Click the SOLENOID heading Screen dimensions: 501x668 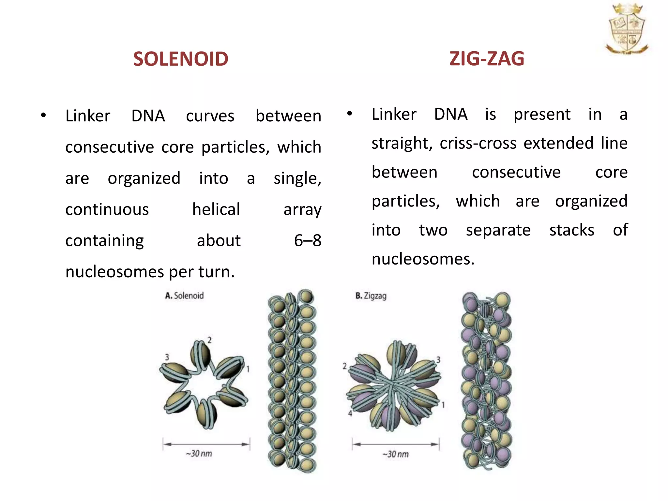[180, 59]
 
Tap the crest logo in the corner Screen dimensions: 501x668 [627, 29]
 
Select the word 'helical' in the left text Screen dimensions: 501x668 [216, 209]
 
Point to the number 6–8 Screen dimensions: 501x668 [308, 240]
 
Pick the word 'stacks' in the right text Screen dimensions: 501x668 [571, 230]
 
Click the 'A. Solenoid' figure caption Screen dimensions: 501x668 [184, 296]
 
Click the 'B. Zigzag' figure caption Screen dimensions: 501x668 [371, 296]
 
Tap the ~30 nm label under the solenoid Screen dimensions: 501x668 [199, 454]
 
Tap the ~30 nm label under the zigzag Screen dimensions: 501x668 [395, 454]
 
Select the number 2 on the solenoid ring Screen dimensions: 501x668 [209, 340]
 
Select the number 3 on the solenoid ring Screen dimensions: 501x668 [167, 357]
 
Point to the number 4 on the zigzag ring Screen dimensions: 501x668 [350, 414]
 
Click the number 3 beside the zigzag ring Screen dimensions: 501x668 [438, 360]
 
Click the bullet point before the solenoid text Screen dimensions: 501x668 [43, 115]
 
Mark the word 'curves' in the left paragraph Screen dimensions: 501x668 [210, 116]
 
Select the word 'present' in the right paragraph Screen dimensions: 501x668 [542, 114]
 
